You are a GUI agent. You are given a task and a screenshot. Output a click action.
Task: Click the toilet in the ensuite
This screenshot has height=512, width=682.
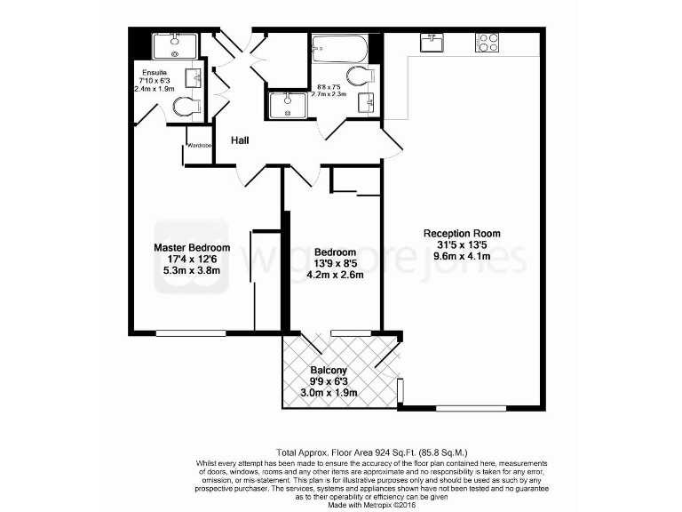[186, 108]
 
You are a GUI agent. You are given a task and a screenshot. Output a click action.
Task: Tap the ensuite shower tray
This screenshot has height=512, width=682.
[171, 44]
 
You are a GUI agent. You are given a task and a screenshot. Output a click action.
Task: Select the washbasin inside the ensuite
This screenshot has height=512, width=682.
[191, 76]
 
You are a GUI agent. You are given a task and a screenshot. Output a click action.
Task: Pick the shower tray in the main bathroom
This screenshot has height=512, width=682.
[289, 105]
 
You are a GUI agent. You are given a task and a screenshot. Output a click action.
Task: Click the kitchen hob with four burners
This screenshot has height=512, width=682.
[488, 42]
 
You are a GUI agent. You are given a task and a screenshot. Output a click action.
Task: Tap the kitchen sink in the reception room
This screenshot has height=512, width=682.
[434, 43]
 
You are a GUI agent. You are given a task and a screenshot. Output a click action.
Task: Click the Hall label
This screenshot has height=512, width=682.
[241, 140]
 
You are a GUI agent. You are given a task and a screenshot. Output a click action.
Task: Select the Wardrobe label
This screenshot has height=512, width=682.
[198, 145]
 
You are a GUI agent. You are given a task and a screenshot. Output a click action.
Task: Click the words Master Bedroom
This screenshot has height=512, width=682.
[192, 247]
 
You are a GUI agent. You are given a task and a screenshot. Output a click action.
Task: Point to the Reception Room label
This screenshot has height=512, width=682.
[468, 234]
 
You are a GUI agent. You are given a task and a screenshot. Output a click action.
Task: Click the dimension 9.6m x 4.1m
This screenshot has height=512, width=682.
[467, 257]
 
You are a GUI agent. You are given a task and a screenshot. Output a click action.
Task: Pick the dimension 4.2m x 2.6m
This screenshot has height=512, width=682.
[335, 275]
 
